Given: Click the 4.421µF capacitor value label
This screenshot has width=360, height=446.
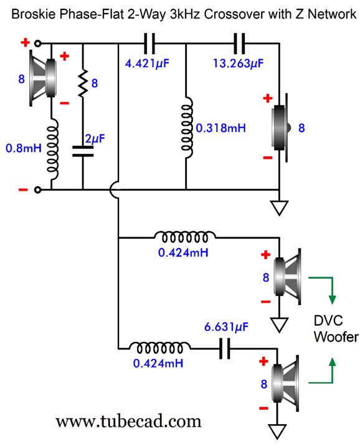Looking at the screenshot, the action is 147,64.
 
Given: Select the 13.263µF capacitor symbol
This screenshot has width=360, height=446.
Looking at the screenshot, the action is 239,44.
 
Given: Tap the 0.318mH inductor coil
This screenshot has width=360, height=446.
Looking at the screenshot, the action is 187,127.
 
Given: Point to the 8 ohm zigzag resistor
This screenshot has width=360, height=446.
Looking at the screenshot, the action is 83,83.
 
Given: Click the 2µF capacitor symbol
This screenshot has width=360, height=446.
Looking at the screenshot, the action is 83,151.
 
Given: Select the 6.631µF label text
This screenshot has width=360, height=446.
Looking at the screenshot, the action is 226,327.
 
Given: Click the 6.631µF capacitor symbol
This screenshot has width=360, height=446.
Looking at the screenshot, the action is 225,348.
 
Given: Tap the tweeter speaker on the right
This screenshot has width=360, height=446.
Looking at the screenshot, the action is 281,128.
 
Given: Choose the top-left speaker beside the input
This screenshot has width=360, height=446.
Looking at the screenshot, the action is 43,78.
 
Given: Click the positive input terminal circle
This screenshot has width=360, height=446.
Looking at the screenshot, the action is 37,43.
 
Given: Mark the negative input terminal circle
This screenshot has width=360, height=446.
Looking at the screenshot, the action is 37,190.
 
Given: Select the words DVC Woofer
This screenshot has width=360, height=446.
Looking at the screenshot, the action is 336,329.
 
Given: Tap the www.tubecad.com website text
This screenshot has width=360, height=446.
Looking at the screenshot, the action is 128,421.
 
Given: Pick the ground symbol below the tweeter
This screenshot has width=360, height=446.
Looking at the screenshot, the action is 279,208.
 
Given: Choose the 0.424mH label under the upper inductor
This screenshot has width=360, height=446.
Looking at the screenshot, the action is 183,252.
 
